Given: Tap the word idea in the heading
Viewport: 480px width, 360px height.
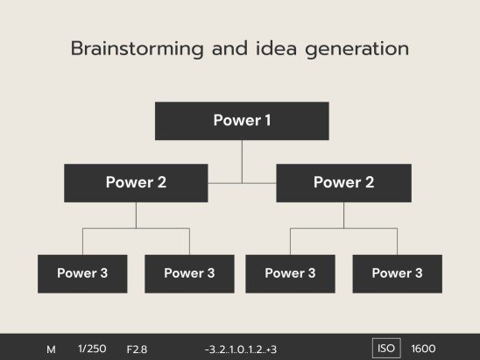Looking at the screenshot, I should point(275,49).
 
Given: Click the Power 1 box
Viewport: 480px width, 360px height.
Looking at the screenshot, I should point(242,121).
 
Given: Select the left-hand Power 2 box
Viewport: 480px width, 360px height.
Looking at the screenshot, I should point(136,183).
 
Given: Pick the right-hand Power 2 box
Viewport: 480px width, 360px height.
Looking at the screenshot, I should point(343,183).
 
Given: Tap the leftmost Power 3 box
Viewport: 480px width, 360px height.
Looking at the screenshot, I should point(82,273).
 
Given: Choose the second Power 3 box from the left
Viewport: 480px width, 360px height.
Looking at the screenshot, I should point(189,273).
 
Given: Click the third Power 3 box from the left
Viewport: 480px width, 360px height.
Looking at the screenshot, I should point(290,273).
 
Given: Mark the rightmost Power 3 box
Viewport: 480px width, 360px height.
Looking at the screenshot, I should point(397,273).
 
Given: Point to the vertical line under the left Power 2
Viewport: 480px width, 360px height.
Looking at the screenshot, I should point(136,215).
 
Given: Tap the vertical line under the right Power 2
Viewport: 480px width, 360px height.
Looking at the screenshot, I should point(343,215).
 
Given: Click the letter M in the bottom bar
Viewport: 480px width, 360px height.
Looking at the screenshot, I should point(51,349).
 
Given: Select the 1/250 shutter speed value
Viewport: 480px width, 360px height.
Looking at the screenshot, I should point(92,349).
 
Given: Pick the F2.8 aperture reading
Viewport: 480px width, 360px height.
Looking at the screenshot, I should point(137,349).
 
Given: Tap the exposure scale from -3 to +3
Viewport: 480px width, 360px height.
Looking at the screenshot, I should point(240,349).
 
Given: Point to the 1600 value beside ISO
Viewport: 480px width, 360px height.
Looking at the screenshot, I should point(423,349).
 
